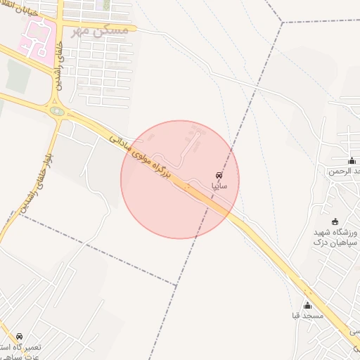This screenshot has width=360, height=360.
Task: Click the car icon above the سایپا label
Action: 219,174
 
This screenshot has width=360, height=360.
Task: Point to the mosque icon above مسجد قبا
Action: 307,305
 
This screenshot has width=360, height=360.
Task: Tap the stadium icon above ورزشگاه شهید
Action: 334,222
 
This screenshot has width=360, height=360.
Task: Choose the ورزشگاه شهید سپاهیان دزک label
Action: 335,237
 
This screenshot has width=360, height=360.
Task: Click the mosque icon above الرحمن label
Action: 352,161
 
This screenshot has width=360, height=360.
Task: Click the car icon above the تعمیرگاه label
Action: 19,336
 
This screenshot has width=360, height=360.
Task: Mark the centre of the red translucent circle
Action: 180,179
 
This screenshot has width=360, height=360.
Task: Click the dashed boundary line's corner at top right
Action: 283,22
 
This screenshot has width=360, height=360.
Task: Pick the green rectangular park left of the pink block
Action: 17,76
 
